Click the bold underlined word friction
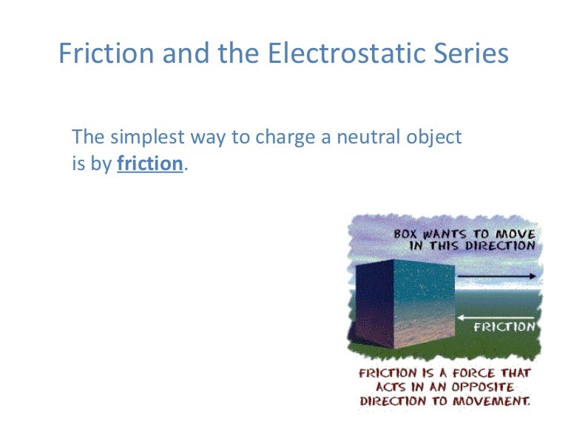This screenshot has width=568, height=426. tap(149, 163)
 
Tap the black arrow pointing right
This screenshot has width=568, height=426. tap(496, 277)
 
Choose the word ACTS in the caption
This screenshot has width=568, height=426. tap(396, 388)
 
